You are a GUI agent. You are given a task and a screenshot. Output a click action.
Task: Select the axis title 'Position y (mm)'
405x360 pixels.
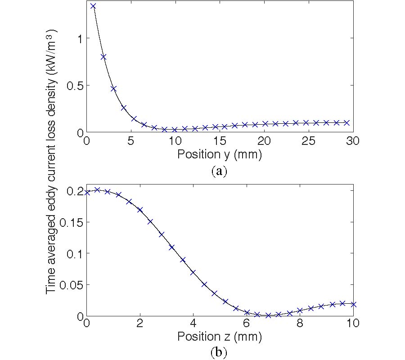pos(220,154)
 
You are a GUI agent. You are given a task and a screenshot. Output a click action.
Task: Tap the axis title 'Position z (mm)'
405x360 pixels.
pos(220,336)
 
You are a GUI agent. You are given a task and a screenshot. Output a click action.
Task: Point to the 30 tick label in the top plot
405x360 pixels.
pos(353,141)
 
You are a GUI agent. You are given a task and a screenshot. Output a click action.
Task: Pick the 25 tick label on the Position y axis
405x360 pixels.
pos(308,141)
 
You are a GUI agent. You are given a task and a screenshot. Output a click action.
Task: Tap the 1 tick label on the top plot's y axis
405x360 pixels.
pos(79,39)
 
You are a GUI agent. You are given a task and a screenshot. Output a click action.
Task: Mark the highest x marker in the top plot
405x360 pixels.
pos(93,6)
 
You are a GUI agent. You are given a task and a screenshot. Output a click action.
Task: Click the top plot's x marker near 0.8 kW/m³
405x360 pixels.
pos(103,57)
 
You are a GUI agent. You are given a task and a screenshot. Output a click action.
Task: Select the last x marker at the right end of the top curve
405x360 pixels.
pos(346,122)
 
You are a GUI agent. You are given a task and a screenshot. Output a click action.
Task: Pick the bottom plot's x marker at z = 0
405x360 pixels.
pos(87,193)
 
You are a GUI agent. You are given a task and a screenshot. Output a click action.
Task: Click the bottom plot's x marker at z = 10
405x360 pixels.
pos(353,304)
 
